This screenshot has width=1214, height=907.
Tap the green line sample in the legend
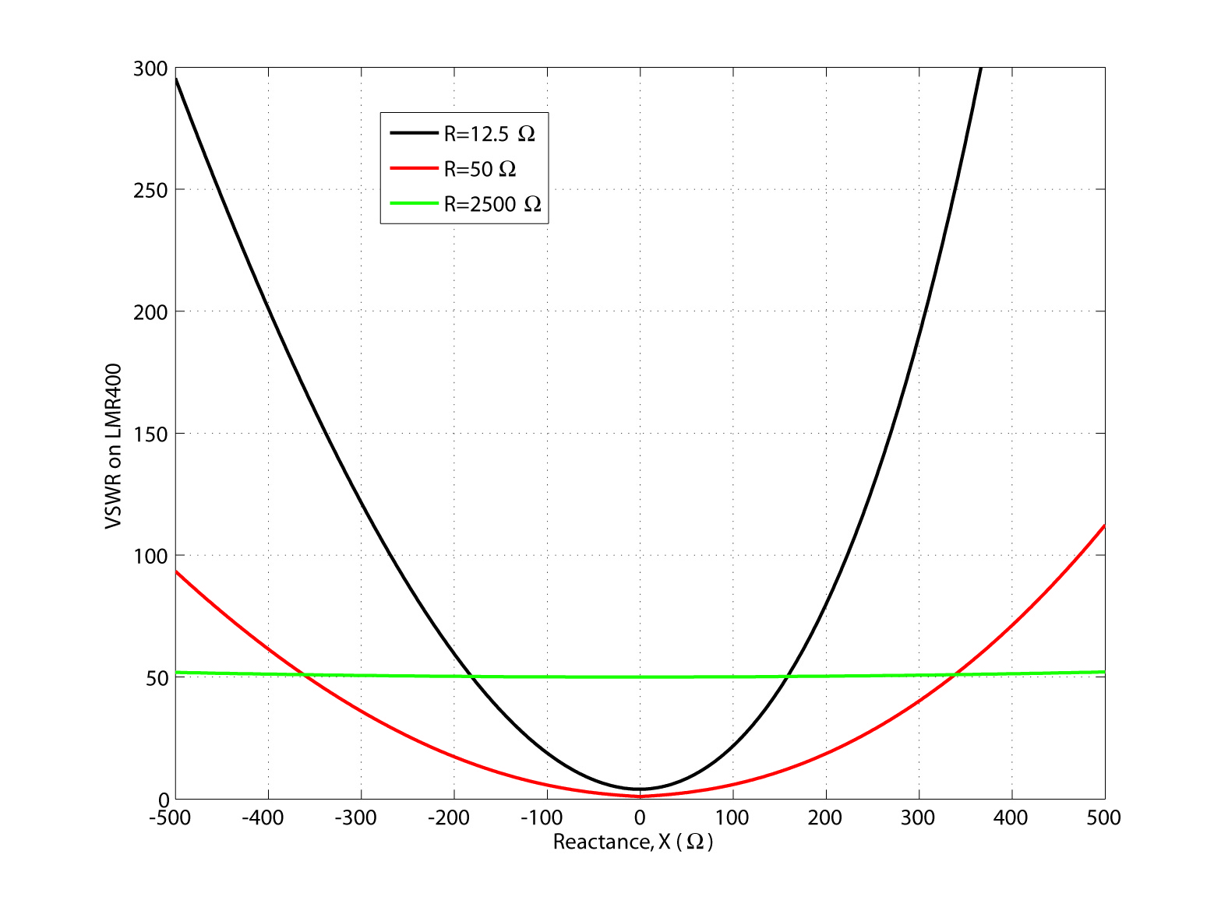coord(414,204)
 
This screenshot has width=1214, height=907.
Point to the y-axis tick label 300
coord(150,69)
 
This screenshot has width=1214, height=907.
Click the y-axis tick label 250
coord(150,190)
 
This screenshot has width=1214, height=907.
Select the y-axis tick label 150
coord(150,434)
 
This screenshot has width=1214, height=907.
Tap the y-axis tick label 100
coord(150,556)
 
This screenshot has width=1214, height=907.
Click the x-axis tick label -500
coord(172,817)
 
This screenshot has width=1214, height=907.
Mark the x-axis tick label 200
coord(825,817)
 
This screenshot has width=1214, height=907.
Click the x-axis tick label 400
coord(1011,817)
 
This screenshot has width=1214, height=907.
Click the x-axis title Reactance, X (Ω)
coord(633,842)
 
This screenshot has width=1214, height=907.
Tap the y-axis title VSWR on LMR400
coord(114,446)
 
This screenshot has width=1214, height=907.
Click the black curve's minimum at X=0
coord(640,789)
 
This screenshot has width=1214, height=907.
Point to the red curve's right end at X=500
coord(1104,526)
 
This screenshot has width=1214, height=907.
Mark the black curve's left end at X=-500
coord(176,79)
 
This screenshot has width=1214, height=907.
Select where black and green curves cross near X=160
coord(788,677)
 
